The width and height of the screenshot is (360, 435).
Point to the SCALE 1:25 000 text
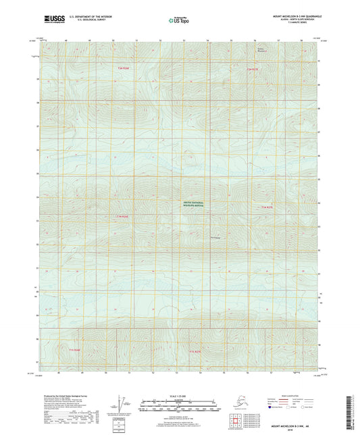179,394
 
